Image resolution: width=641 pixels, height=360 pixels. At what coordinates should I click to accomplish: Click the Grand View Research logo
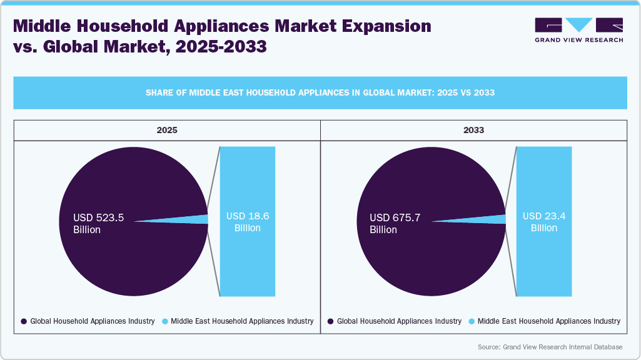point(578,29)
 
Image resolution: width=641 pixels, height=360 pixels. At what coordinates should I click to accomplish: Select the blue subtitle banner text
point(320,92)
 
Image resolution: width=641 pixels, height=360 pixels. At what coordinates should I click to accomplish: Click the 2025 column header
point(167,131)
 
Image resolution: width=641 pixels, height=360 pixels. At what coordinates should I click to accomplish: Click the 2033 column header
point(474,131)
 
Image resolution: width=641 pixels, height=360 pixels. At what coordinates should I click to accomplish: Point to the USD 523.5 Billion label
point(99,224)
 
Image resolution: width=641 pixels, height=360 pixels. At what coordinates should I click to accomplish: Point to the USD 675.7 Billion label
point(395,224)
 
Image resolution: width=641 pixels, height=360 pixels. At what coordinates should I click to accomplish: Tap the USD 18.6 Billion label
point(248,222)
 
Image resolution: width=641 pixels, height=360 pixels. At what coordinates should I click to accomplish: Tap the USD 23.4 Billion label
point(544,222)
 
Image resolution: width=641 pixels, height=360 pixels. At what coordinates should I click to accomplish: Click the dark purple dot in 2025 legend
point(24,321)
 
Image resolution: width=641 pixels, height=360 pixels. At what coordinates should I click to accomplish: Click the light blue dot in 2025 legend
point(165,321)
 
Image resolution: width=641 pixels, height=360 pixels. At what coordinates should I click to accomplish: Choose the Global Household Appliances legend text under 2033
point(399,321)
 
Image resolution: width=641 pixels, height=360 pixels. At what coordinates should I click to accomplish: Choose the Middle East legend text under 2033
point(549,321)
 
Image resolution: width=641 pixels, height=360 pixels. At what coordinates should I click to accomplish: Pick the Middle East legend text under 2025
point(242,321)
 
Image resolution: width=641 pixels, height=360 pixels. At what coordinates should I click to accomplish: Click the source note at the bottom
point(550,347)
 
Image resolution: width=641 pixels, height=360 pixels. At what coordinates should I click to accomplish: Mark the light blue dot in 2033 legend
point(472,321)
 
